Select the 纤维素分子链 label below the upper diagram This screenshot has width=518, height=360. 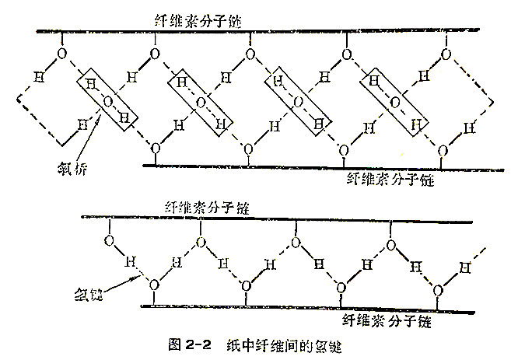tap(390, 179)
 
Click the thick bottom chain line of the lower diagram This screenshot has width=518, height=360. tap(311, 309)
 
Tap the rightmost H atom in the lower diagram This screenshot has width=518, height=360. tap(464, 269)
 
